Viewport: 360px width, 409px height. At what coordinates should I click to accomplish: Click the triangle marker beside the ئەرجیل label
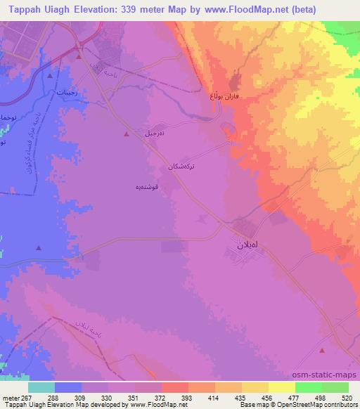pos(126,134)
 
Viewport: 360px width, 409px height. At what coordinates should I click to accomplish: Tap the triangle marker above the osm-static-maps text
pos(322,350)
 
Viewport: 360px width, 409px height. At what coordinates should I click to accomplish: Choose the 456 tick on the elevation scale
pos(257,397)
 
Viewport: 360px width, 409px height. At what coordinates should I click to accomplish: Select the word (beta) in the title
pos(300,9)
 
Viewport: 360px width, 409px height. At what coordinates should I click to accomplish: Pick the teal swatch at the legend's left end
pos(41,387)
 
